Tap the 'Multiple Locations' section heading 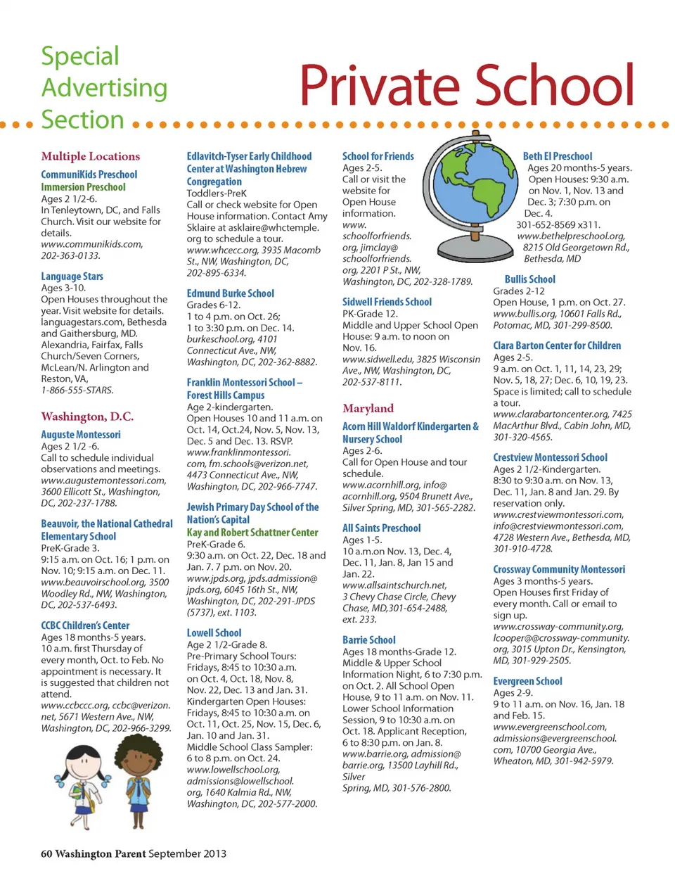point(90,156)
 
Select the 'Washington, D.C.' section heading point(87,417)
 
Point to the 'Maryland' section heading point(368,408)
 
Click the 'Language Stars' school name point(72,276)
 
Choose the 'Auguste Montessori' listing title point(81,435)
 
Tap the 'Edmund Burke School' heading point(231,293)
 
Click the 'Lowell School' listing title point(214,633)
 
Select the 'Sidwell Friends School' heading point(387,302)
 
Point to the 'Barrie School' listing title point(369,640)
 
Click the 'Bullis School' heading point(529,279)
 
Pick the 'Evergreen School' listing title point(527,681)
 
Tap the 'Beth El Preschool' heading point(558,156)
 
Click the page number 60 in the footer point(46,853)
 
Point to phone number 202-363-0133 point(70,255)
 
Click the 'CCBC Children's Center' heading point(85,625)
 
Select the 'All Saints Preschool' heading point(382,528)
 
